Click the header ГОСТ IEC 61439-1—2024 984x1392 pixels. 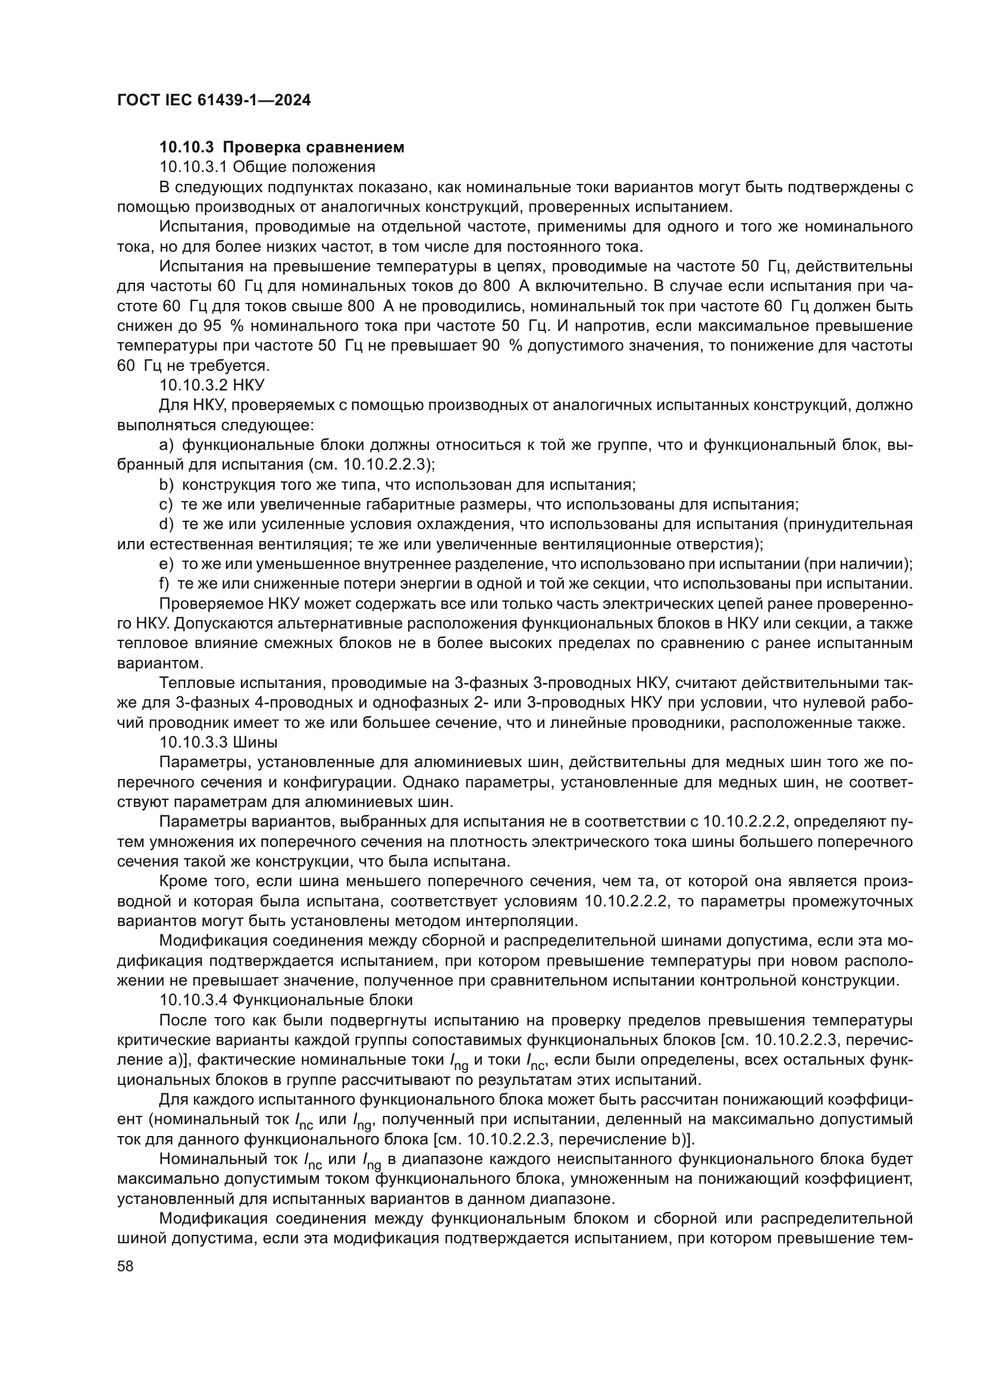[x=214, y=101]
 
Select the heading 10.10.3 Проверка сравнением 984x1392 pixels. [x=282, y=148]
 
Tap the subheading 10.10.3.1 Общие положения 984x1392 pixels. [x=267, y=167]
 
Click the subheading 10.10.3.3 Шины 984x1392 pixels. [x=218, y=742]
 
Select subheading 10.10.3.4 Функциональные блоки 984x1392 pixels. [x=286, y=999]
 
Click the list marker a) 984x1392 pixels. [x=166, y=445]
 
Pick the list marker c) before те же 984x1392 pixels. [x=166, y=505]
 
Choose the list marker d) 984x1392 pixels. [x=166, y=524]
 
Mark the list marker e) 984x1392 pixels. [x=166, y=564]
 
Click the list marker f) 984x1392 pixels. [x=164, y=583]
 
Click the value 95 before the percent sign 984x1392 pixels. [x=212, y=326]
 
